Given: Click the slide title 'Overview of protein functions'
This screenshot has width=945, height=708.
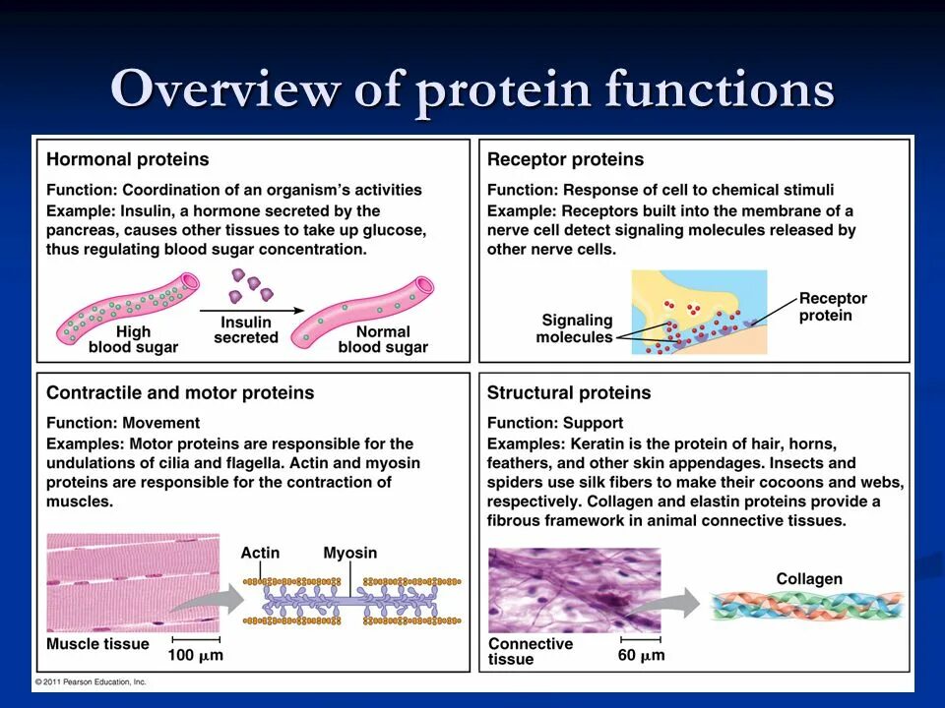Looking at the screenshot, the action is (472, 90).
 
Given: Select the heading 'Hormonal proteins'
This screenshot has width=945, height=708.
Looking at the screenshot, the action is (128, 159).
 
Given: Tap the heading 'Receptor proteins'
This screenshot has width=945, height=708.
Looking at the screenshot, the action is (565, 159).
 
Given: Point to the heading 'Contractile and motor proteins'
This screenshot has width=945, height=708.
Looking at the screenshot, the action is (180, 392).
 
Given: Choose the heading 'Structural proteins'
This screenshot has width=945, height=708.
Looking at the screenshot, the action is (569, 392).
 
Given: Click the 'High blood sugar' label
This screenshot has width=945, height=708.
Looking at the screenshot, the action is (133, 339).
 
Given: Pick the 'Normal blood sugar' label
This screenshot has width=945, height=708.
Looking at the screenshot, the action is (383, 339).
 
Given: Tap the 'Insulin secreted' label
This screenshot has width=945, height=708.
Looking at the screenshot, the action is (246, 329).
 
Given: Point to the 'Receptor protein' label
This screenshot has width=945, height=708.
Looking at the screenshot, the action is (833, 307).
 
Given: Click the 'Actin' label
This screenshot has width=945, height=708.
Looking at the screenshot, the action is (260, 553).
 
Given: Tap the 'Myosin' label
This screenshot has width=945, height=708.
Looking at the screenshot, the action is (350, 553).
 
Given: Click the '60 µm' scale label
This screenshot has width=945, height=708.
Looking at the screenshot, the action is (641, 655).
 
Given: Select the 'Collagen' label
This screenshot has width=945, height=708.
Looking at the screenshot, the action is (809, 578).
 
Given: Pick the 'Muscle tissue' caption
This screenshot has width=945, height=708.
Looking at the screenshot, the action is (98, 644).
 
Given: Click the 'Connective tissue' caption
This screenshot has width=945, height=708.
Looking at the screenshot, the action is (531, 651).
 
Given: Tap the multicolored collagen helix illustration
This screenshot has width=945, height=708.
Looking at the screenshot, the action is (807, 605).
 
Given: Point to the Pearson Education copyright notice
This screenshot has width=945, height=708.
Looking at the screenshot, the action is (91, 681).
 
